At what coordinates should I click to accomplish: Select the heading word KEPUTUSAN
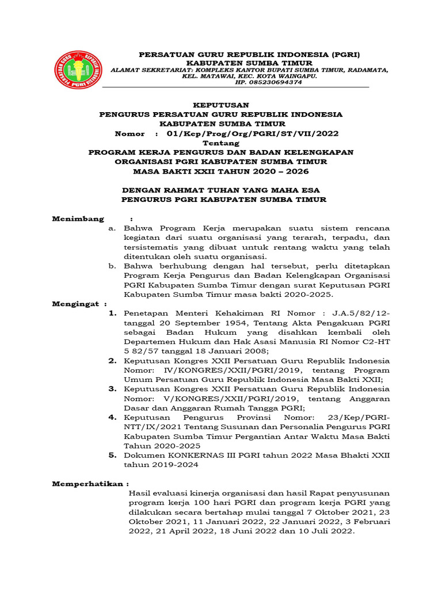click(x=220, y=105)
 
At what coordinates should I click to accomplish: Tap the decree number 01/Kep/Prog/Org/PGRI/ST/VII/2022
click(x=253, y=133)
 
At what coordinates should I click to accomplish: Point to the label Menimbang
click(x=78, y=219)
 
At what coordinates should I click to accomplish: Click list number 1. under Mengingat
click(x=113, y=313)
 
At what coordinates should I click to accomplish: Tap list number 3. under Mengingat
click(x=113, y=389)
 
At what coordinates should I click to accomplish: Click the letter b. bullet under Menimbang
click(x=112, y=266)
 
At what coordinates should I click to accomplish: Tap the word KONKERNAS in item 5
click(x=190, y=456)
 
